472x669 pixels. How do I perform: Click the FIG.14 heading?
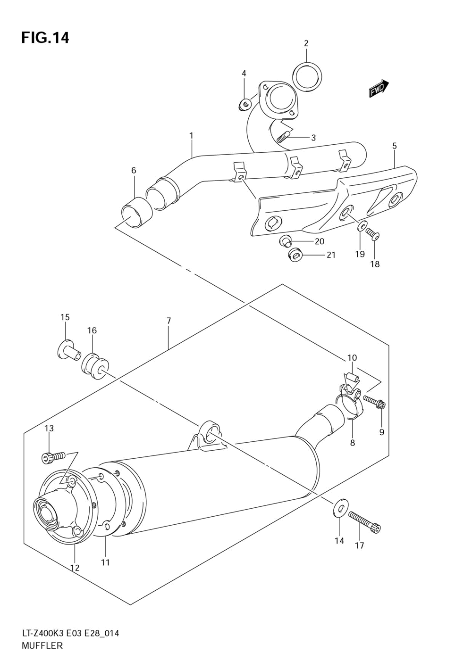click(x=45, y=38)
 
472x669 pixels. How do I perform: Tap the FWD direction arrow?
click(x=379, y=89)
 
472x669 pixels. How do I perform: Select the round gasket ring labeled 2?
click(x=307, y=75)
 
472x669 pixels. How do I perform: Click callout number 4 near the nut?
click(x=244, y=73)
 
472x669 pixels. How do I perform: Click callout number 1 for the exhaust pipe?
click(x=192, y=136)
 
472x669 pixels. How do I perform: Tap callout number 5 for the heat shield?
click(x=394, y=146)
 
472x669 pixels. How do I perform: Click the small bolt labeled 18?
click(x=373, y=234)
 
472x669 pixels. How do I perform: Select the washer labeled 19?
click(x=361, y=227)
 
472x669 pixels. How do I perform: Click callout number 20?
click(x=320, y=241)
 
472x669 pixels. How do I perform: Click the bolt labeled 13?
click(x=53, y=456)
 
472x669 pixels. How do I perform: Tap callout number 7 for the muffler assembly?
click(x=169, y=321)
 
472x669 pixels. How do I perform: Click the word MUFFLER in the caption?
click(x=42, y=645)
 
